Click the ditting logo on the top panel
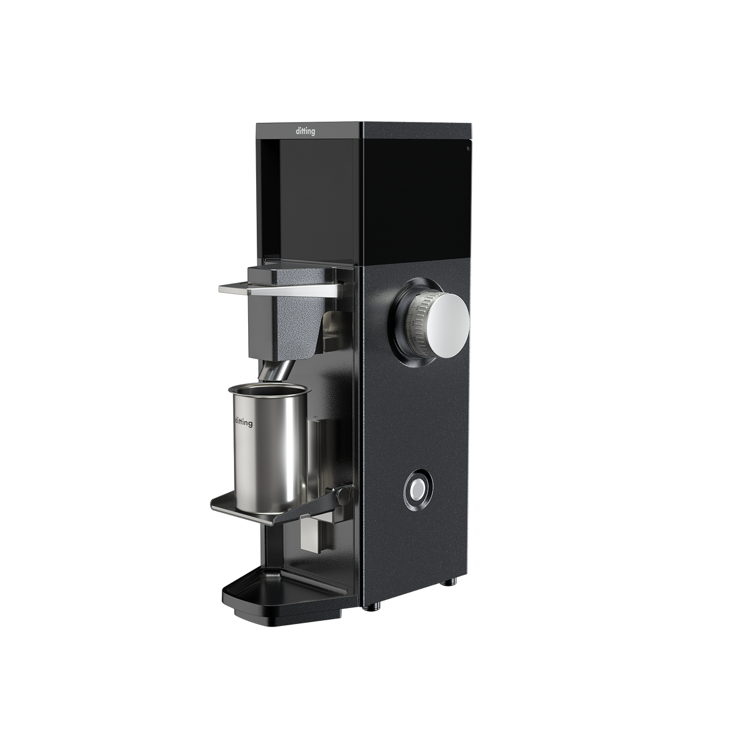305,131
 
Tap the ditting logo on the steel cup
243,422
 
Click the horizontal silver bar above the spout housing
280,289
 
